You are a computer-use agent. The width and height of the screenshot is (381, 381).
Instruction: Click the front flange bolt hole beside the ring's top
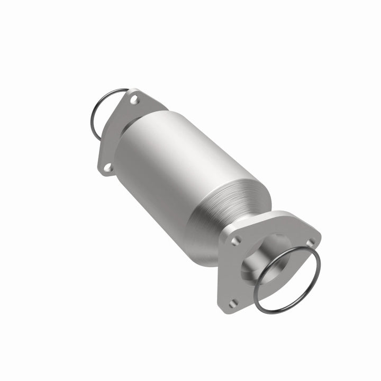(x=311, y=241)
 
